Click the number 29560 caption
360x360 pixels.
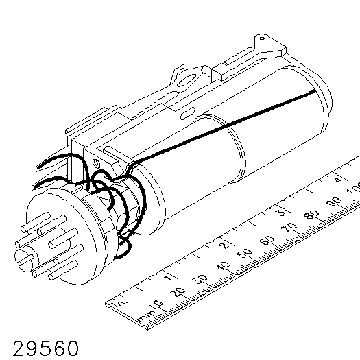(46, 348)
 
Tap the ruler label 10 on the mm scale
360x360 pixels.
(156, 305)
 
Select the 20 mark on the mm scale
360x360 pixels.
(177, 292)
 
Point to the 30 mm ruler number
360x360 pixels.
(200, 279)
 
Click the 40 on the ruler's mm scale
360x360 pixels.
(222, 266)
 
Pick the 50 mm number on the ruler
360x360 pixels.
(245, 253)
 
